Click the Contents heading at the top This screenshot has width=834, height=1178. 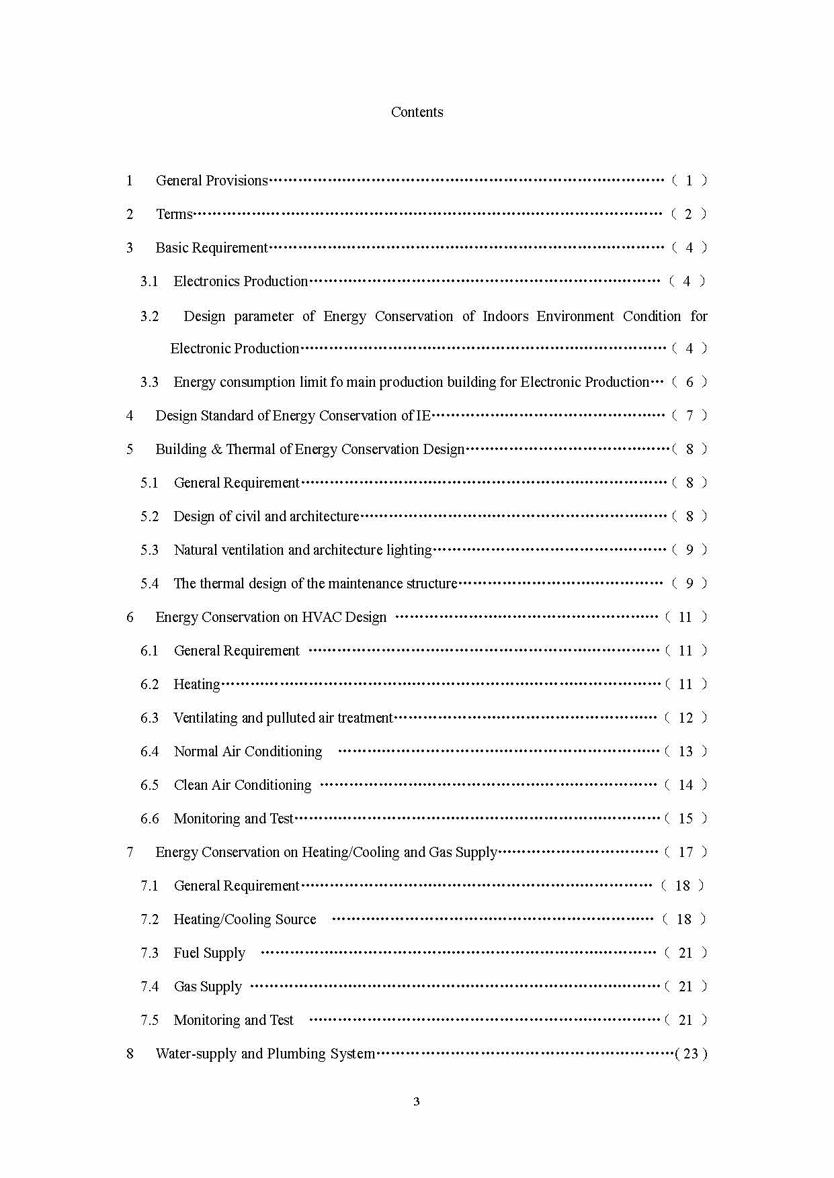417,112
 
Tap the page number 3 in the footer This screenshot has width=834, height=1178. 417,1101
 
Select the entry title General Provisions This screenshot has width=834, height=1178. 212,181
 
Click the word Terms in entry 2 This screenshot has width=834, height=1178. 174,214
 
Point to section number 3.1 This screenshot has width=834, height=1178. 149,281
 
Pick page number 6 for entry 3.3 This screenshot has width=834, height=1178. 689,382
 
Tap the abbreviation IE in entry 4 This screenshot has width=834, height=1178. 423,416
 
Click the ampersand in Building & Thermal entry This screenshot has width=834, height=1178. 216,449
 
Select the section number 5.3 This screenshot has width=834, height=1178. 149,550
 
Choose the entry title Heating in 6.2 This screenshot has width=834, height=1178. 196,684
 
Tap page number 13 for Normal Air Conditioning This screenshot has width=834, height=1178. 685,752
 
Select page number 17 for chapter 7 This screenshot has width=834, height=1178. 685,852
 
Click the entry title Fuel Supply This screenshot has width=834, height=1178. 209,953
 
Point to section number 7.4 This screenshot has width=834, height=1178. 149,987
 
